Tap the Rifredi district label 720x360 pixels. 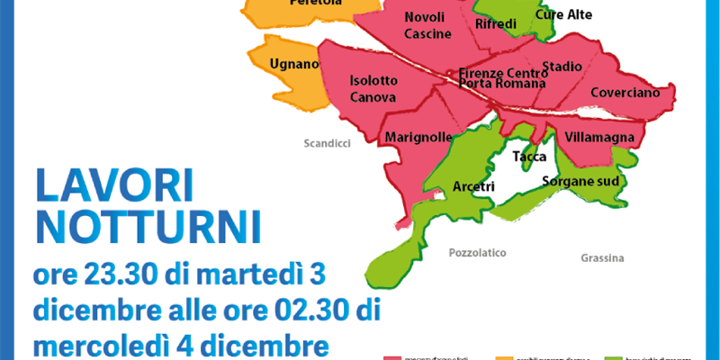(x=496, y=23)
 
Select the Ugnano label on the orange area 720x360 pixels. (x=294, y=64)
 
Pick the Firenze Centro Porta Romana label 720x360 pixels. (x=502, y=77)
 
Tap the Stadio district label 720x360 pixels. (x=562, y=67)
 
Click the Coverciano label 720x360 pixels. (x=625, y=93)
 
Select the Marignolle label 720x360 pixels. (x=418, y=138)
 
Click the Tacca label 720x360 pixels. (x=528, y=157)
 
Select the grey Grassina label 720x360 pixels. (x=602, y=258)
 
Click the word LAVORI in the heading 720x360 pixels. (x=114, y=187)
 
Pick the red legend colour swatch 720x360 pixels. (x=402, y=357)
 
